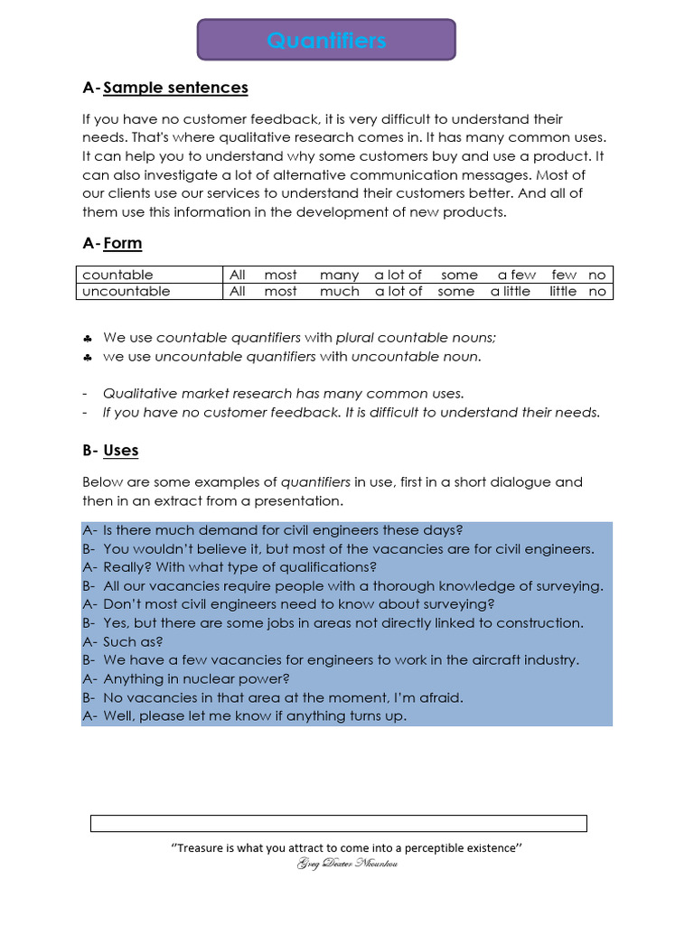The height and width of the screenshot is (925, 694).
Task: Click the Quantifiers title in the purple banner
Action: coord(326,41)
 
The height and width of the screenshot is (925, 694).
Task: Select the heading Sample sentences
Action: coord(175,88)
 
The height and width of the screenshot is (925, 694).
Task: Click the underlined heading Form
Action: coord(123,243)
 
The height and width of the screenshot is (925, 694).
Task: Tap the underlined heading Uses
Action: coord(121,450)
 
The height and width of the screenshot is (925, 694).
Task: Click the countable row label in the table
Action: coord(117,275)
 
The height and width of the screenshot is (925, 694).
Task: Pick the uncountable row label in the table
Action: coord(126,291)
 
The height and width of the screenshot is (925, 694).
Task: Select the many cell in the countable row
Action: coord(339,275)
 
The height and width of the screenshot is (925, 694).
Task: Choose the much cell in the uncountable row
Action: coord(339,291)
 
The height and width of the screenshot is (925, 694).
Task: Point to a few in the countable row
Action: coord(516,275)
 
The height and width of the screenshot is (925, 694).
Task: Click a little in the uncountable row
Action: coord(511,291)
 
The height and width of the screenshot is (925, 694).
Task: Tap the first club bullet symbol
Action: coord(87,338)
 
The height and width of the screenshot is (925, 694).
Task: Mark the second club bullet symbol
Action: coord(87,357)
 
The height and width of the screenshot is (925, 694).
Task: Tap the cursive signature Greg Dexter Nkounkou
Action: coord(347,864)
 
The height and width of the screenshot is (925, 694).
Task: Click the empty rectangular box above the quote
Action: coord(338,823)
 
